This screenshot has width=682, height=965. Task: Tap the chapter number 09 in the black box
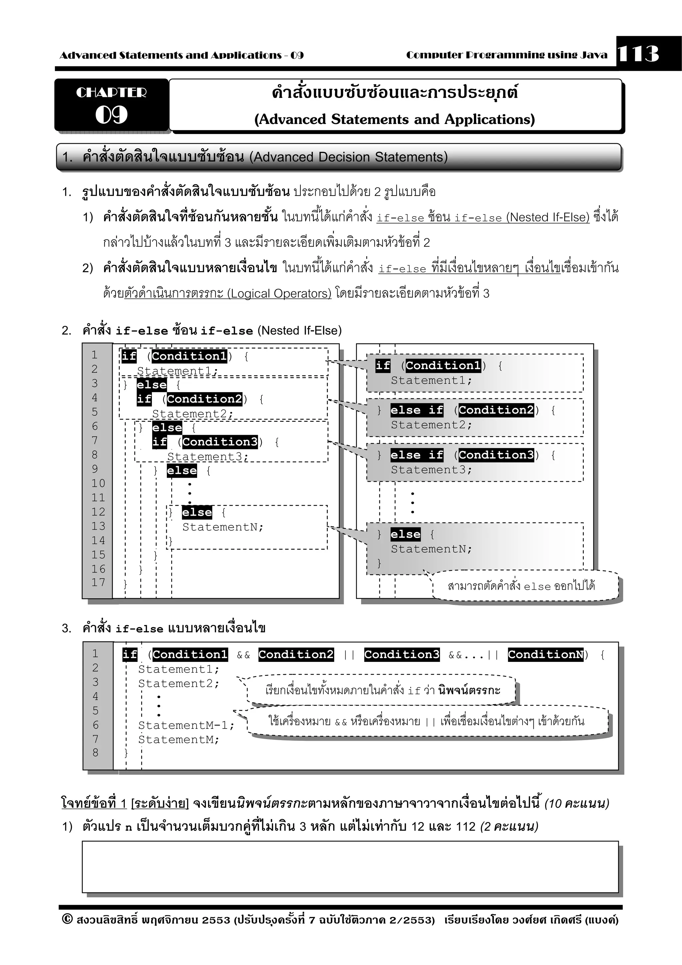pyautogui.click(x=111, y=114)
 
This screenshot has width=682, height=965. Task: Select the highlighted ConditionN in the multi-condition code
pyautogui.click(x=545, y=655)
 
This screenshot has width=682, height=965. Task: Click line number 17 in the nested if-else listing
pyautogui.click(x=98, y=583)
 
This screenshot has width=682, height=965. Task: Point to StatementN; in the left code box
pyautogui.click(x=223, y=527)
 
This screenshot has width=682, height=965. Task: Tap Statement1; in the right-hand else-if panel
pyautogui.click(x=432, y=380)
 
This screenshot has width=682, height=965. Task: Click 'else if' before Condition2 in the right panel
pyautogui.click(x=417, y=410)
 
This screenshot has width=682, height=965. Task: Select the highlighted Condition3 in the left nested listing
pyautogui.click(x=220, y=442)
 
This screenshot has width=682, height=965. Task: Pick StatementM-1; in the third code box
pyautogui.click(x=186, y=725)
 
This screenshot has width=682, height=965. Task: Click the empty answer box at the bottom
pyautogui.click(x=350, y=867)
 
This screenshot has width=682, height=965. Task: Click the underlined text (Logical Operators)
pyautogui.click(x=279, y=293)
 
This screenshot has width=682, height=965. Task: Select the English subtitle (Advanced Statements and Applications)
pyautogui.click(x=395, y=119)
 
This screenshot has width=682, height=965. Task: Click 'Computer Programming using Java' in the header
pyautogui.click(x=507, y=55)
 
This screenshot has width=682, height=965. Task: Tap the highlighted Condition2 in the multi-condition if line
pyautogui.click(x=296, y=655)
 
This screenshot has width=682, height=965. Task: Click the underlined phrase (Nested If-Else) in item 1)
pyautogui.click(x=547, y=217)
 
